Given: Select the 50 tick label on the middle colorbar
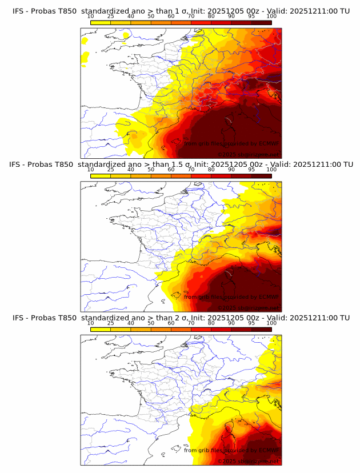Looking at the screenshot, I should [150, 170].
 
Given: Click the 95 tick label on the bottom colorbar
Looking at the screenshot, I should [251, 323].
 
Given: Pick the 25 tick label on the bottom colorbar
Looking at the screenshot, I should [110, 323].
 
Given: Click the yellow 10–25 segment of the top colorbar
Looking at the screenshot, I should [101, 22].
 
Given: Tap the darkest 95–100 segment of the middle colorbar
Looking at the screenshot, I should [261, 176].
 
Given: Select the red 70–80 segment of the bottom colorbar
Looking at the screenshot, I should [201, 330].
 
